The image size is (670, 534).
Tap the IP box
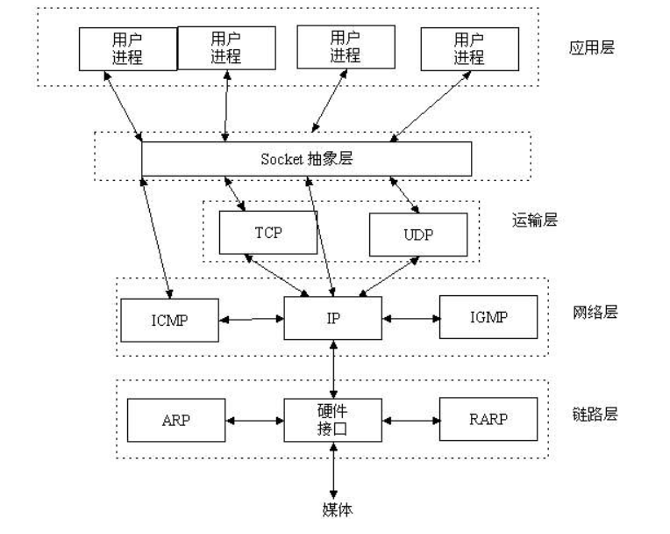pos(333,318)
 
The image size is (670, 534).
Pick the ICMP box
pos(167,321)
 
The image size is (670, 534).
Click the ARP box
pos(175,421)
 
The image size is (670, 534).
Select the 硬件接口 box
pos(333,420)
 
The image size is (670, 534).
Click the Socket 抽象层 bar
pos(307,159)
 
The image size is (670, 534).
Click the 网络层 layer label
pos(595,313)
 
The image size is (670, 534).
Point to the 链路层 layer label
pos(595,414)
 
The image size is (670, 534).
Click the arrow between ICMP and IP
pos(250,320)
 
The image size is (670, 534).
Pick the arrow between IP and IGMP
pos(410,317)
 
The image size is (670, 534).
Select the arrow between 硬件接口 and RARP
pos(410,420)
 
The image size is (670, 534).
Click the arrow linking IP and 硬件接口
pos(333,369)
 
